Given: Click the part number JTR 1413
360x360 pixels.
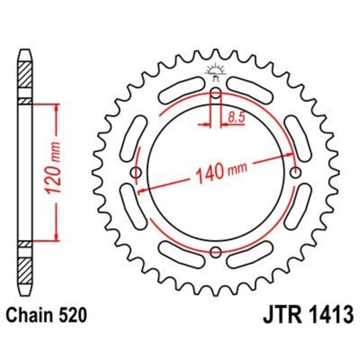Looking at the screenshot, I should [307, 315].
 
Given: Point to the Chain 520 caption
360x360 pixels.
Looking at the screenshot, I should [46, 315].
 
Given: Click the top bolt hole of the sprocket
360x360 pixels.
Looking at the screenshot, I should [216, 94].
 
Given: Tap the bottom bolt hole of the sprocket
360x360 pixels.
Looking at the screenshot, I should [216, 251].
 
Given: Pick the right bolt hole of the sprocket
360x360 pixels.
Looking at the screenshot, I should [296, 172].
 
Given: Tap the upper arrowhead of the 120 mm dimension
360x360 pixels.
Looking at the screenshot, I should [56, 108].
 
